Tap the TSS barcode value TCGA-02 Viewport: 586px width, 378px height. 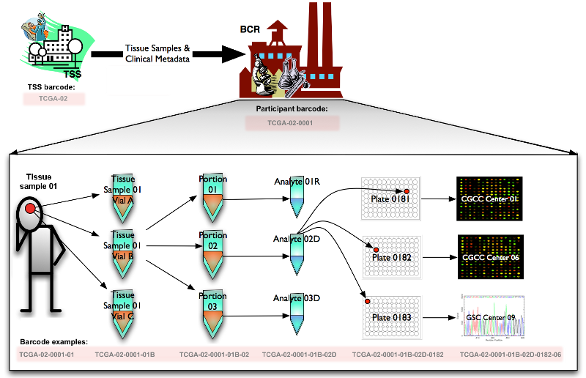[x=53, y=97]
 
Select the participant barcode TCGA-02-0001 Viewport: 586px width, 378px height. [x=292, y=122]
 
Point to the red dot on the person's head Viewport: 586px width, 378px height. [x=30, y=210]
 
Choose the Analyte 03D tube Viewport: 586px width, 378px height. [x=297, y=314]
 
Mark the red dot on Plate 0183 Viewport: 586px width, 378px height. [x=368, y=301]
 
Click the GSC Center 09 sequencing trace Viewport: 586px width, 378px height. [x=491, y=316]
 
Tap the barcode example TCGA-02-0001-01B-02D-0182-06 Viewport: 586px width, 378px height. [x=510, y=355]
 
